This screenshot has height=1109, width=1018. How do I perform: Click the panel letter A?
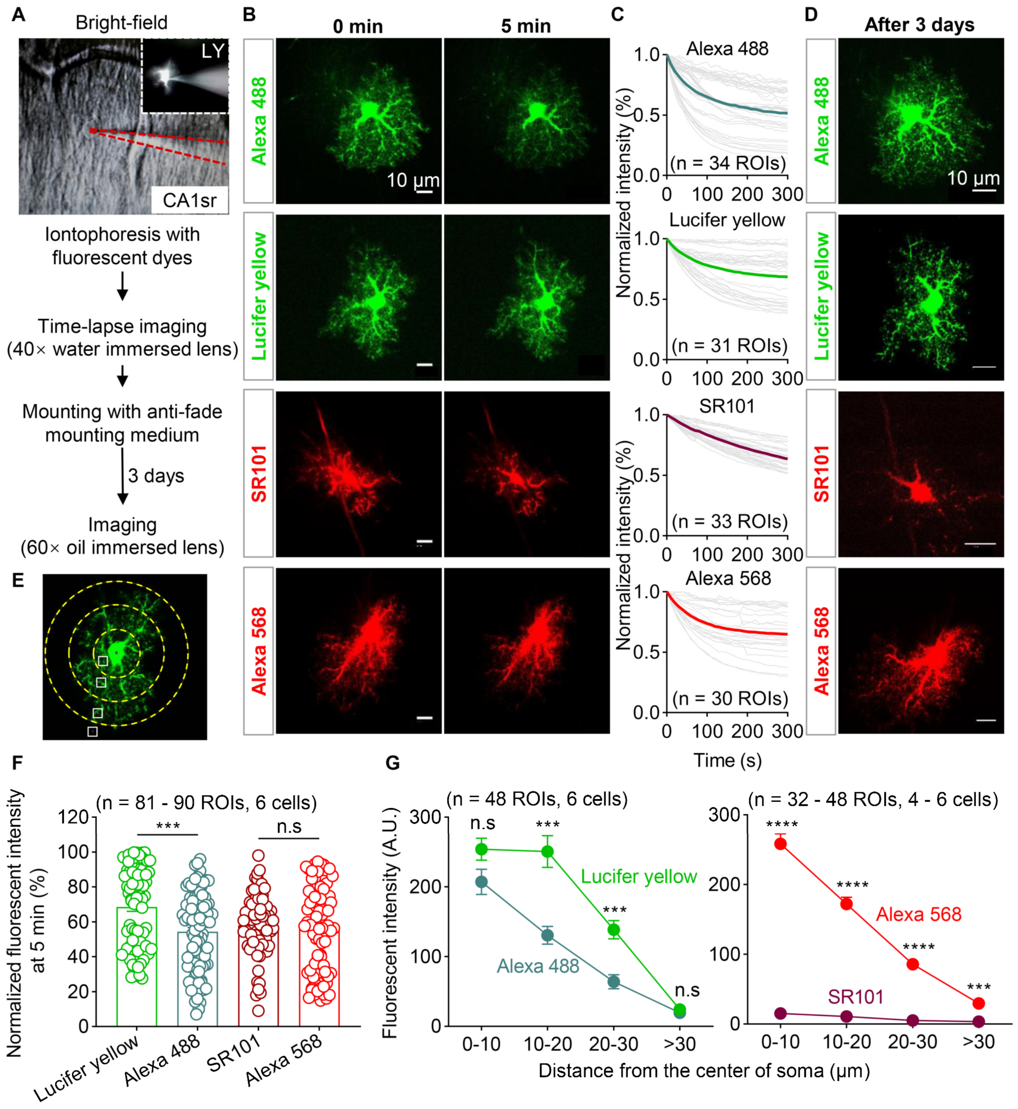[x=18, y=14]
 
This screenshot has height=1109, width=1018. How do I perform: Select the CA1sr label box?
[x=190, y=200]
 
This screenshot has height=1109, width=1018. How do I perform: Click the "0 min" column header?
[x=358, y=26]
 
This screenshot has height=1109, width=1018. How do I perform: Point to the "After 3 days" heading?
[x=919, y=25]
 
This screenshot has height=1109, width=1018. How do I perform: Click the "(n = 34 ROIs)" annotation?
[x=728, y=163]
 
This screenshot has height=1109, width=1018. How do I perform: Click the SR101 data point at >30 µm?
[x=978, y=1021]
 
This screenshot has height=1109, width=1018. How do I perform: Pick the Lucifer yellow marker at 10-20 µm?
[x=548, y=852]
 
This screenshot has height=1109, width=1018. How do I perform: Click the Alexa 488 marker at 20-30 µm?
[x=614, y=981]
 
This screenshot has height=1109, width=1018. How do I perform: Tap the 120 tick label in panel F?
[x=73, y=816]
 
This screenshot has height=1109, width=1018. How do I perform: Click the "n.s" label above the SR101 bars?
[x=289, y=826]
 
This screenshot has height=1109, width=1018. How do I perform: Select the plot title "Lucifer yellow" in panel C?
[x=727, y=220]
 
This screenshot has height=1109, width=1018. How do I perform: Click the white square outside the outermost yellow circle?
[x=92, y=731]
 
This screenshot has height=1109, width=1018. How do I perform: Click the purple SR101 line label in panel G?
[x=855, y=997]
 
